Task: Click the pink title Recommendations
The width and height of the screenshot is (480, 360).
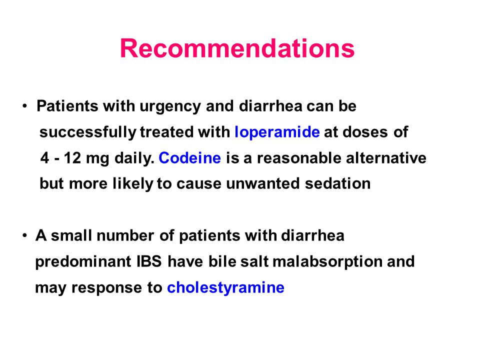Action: [x=237, y=48]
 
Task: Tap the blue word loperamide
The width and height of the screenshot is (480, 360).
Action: [x=277, y=132]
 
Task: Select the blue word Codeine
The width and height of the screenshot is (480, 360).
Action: [x=190, y=158]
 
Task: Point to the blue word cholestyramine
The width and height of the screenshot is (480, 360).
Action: [x=225, y=288]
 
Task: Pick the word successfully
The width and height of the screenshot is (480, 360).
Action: [x=88, y=132]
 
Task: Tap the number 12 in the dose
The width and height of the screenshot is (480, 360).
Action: [x=72, y=158]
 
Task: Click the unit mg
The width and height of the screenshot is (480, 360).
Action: [x=97, y=159]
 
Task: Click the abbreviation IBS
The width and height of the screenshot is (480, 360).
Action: [x=149, y=261]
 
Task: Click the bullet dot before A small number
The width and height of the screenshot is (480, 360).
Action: [x=25, y=236]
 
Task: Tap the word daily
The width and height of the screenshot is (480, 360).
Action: [x=134, y=158]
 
